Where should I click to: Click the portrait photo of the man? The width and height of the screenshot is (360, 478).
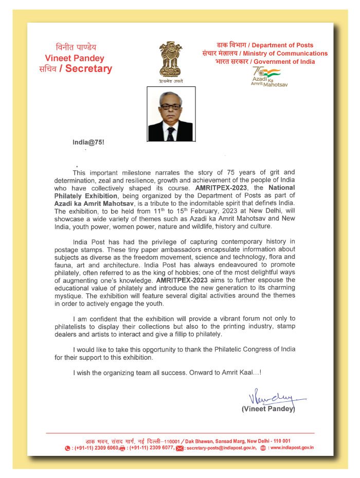170,114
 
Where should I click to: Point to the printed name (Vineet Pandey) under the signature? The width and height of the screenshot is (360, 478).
268,410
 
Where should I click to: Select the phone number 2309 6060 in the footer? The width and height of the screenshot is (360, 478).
104,448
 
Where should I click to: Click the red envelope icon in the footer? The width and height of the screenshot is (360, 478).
179,448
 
